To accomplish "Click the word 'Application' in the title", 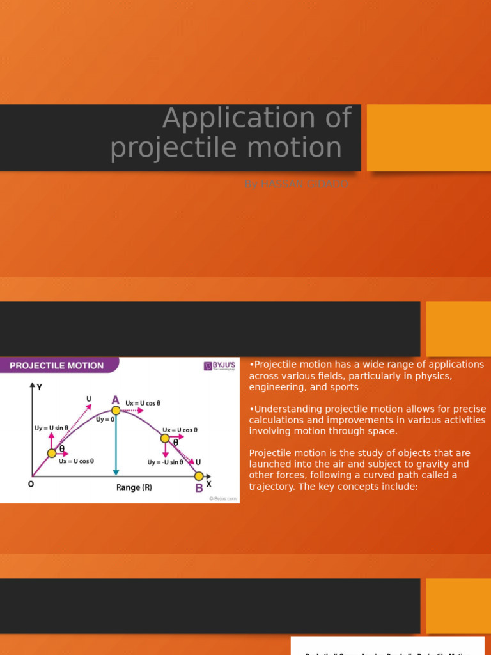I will pos(256,118).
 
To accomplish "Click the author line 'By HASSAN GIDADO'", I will pos(295,184).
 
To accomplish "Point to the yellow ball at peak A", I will pos(116,410).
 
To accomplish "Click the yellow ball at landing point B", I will pos(199,476).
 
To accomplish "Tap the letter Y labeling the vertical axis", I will pos(40,387).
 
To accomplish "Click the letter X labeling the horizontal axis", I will pos(208,484).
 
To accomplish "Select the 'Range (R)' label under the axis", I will pos(134,487).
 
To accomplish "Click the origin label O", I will pos(31,484).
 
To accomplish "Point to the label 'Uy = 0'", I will pos(105,419).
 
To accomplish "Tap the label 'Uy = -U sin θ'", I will pos(165,462).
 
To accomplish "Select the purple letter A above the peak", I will pos(116,399).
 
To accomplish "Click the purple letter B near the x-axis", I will pos(199,488).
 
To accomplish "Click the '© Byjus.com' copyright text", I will pos(222,499).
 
